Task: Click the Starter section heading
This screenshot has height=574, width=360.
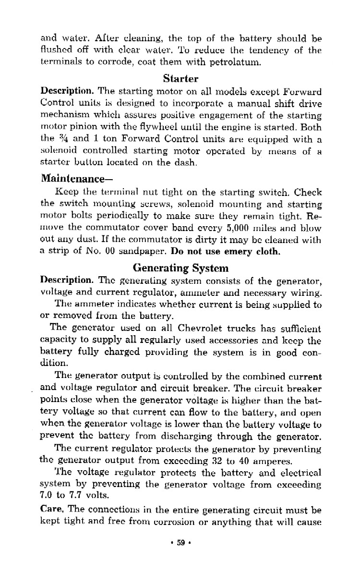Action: (x=180, y=78)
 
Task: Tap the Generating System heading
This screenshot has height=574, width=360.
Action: (x=180, y=268)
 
